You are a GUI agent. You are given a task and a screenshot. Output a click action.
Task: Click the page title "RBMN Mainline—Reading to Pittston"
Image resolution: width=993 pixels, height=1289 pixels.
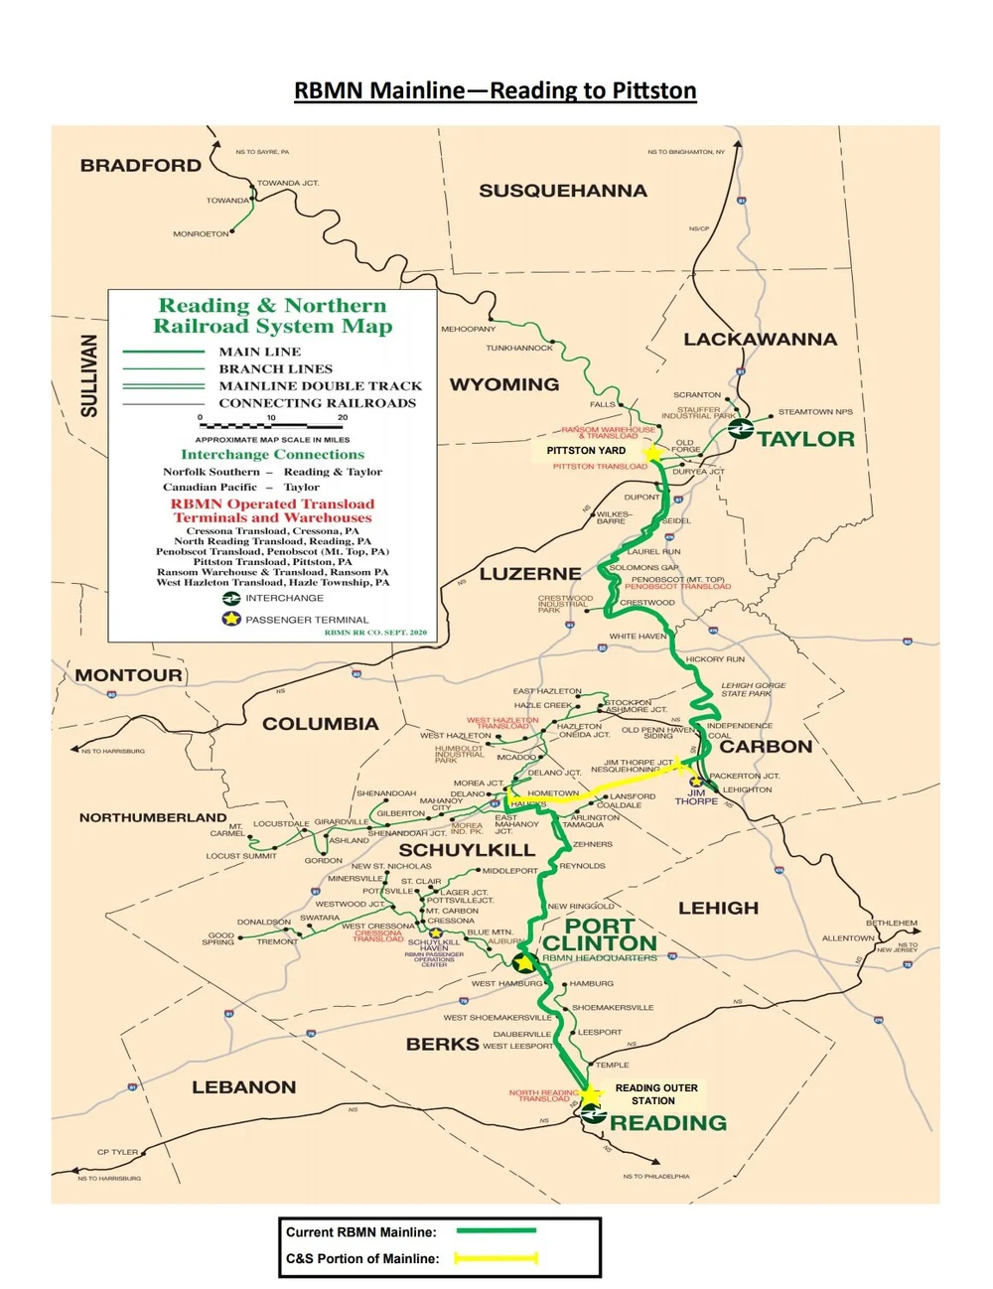click(x=495, y=90)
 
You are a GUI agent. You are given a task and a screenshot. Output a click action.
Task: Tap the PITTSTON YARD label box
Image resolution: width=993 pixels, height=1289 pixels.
click(x=586, y=451)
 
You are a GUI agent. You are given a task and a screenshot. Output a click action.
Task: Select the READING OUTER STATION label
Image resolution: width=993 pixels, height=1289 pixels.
click(x=655, y=1094)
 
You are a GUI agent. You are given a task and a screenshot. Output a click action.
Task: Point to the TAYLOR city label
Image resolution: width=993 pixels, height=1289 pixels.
click(x=805, y=439)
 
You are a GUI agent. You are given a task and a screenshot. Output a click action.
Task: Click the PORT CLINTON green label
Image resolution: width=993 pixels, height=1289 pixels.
click(x=599, y=934)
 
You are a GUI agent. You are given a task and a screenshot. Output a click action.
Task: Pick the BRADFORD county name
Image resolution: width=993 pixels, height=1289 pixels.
click(x=141, y=166)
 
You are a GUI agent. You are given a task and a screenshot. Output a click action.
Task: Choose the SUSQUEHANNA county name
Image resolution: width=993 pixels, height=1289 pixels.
click(x=563, y=191)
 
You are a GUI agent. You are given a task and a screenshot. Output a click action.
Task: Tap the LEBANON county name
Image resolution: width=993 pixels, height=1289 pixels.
click(x=244, y=1087)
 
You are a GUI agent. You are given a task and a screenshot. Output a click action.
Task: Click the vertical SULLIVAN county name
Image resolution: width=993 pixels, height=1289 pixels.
click(x=89, y=375)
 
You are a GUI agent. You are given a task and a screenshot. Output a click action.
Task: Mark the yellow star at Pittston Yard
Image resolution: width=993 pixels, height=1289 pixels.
click(x=652, y=454)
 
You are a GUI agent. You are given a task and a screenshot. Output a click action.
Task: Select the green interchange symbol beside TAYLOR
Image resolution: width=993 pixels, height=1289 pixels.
click(x=740, y=429)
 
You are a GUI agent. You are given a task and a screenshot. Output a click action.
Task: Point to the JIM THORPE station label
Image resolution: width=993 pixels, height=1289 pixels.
click(x=696, y=796)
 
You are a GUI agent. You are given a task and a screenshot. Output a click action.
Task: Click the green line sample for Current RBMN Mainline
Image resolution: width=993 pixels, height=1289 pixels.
click(x=496, y=1230)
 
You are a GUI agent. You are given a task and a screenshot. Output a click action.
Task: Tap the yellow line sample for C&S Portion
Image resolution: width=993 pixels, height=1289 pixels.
click(x=496, y=1258)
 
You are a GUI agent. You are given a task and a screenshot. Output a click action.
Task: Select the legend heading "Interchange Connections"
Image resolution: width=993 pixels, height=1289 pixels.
click(x=272, y=455)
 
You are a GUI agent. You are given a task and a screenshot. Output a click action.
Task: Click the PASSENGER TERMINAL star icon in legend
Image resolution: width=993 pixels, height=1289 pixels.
click(x=231, y=619)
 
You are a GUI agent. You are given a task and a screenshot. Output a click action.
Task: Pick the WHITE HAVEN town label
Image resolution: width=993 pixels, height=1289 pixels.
click(x=638, y=637)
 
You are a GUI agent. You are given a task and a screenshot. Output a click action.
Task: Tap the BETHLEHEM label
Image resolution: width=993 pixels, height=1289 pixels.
click(x=891, y=924)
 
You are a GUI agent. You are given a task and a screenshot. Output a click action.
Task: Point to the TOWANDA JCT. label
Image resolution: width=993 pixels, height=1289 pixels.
click(x=288, y=184)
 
